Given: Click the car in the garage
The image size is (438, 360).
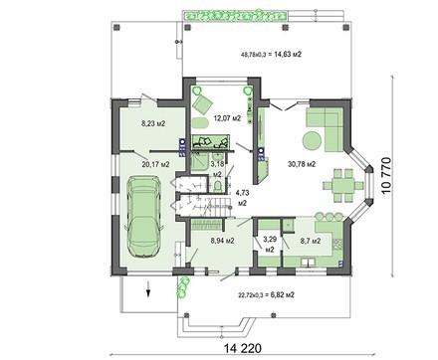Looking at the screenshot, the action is click(x=143, y=217).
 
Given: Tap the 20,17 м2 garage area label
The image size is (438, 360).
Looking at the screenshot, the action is click(x=156, y=164).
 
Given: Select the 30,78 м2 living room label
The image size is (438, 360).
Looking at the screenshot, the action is click(x=302, y=164).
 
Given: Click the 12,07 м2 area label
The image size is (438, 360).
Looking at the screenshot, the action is click(x=227, y=118).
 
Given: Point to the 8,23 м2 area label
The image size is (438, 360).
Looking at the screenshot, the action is click(x=153, y=124).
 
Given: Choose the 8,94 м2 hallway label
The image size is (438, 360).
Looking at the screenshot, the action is click(x=222, y=241).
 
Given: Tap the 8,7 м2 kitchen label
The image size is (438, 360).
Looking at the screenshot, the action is click(x=311, y=241).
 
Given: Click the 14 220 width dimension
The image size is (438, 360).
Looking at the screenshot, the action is click(x=243, y=348).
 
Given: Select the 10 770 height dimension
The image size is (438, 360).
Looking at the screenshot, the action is click(x=387, y=176).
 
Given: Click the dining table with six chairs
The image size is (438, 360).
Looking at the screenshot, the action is click(x=343, y=185).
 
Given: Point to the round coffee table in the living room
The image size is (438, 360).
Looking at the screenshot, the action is click(x=312, y=141).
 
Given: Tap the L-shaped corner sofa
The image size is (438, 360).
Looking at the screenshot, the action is click(x=326, y=129).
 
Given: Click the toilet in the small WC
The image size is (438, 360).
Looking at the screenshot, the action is click(x=218, y=185).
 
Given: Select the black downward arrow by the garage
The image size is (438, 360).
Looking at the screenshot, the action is click(x=148, y=288).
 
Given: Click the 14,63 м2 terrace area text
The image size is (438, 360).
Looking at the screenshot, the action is click(x=288, y=55).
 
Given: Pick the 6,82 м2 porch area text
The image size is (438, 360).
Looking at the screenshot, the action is click(x=283, y=294).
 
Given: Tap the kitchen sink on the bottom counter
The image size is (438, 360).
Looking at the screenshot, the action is click(x=309, y=263).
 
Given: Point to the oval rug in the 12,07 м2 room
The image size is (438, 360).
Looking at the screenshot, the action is click(x=200, y=122).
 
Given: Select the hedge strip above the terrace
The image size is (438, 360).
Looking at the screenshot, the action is click(x=235, y=16).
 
